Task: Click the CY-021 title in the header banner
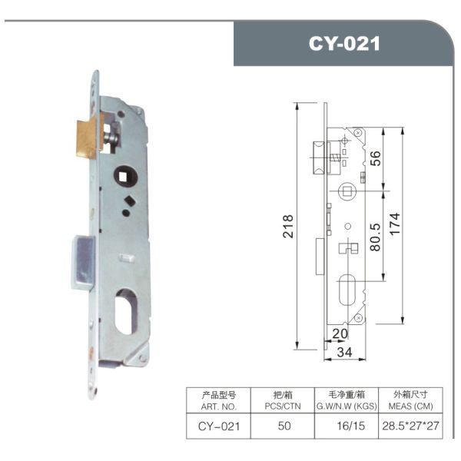(x=344, y=44)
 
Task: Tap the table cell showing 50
(x=284, y=425)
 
